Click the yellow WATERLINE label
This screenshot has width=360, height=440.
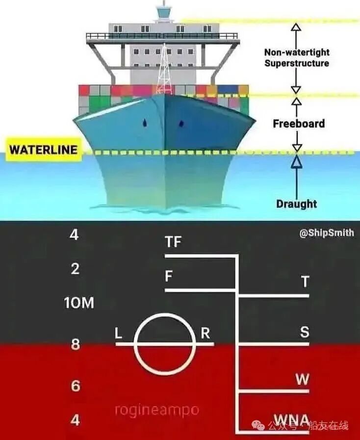coord(43,150)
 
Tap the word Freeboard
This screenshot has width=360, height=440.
coord(299,124)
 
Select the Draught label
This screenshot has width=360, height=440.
coord(296,204)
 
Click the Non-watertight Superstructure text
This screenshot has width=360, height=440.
coord(297,57)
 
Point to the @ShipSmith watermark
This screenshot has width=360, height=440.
coord(326,233)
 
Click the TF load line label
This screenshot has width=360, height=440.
coord(174,242)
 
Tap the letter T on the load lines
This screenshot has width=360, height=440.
coord(305,282)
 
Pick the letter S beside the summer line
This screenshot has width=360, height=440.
coord(305,332)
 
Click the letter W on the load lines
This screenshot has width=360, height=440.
coord(302,379)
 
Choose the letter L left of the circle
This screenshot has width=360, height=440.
coord(118,334)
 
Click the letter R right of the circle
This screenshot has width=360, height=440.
coord(206,334)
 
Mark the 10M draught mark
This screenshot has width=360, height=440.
coord(78,303)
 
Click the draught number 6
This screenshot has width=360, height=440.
coord(75,386)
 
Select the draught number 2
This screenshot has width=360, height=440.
coord(75,269)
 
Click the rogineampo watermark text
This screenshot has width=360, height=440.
coord(157,410)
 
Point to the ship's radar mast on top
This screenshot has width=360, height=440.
coord(162,11)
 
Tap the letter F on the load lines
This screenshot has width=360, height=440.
coord(169,277)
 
